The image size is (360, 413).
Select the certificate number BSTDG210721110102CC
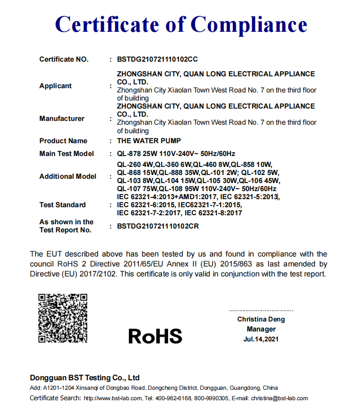click(x=157, y=60)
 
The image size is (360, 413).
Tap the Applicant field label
click(x=55, y=86)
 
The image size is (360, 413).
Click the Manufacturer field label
click(x=62, y=119)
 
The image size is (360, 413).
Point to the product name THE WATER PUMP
click(x=149, y=141)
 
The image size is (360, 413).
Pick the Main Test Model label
click(x=66, y=154)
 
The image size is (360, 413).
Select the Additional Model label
click(x=68, y=176)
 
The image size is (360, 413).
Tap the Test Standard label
click(x=63, y=205)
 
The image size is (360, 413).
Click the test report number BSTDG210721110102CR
click(x=158, y=226)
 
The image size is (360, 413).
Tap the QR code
click(x=63, y=318)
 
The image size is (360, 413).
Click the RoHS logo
click(x=155, y=336)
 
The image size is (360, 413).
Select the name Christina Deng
click(x=261, y=320)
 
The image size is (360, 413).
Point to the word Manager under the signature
click(x=261, y=329)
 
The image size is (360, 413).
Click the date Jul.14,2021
click(x=261, y=339)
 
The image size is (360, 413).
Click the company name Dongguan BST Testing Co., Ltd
click(x=85, y=378)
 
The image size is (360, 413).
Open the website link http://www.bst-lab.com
click(x=112, y=398)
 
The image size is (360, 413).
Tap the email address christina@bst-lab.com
click(x=279, y=398)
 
